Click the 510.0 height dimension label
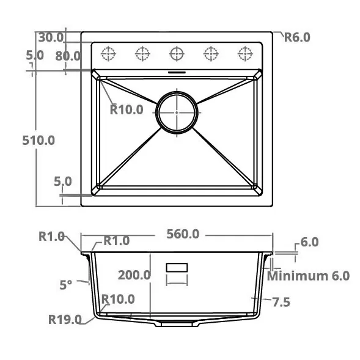[39, 141]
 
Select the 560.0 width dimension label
[183, 234]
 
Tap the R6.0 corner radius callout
[297, 37]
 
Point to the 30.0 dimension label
[51, 37]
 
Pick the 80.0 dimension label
[68, 56]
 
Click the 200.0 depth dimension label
[134, 275]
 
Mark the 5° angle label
[66, 285]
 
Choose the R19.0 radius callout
[65, 320]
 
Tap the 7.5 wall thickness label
[281, 302]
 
